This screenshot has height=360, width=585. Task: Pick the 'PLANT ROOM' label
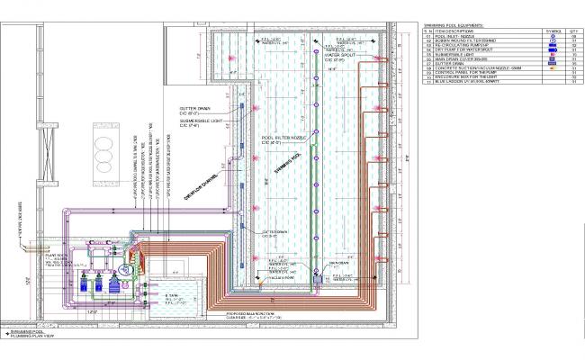pos(58,255)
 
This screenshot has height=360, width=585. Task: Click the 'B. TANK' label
pos(173,295)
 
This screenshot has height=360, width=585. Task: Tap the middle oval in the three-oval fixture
pos(100,135)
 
